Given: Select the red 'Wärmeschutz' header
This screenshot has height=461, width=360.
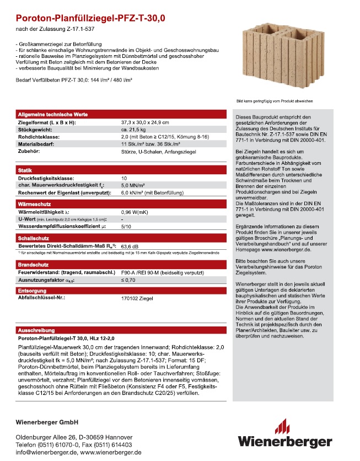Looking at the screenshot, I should pyautogui.click(x=34, y=204).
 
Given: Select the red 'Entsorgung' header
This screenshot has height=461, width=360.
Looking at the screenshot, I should pyautogui.click(x=32, y=290).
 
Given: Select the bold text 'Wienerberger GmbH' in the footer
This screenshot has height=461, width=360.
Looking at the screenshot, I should pyautogui.click(x=48, y=422).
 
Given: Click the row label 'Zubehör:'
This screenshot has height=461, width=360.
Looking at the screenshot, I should pyautogui.click(x=30, y=149).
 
